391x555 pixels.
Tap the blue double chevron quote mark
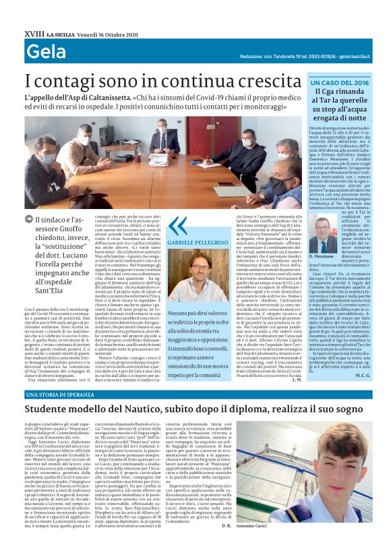(178, 225)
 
